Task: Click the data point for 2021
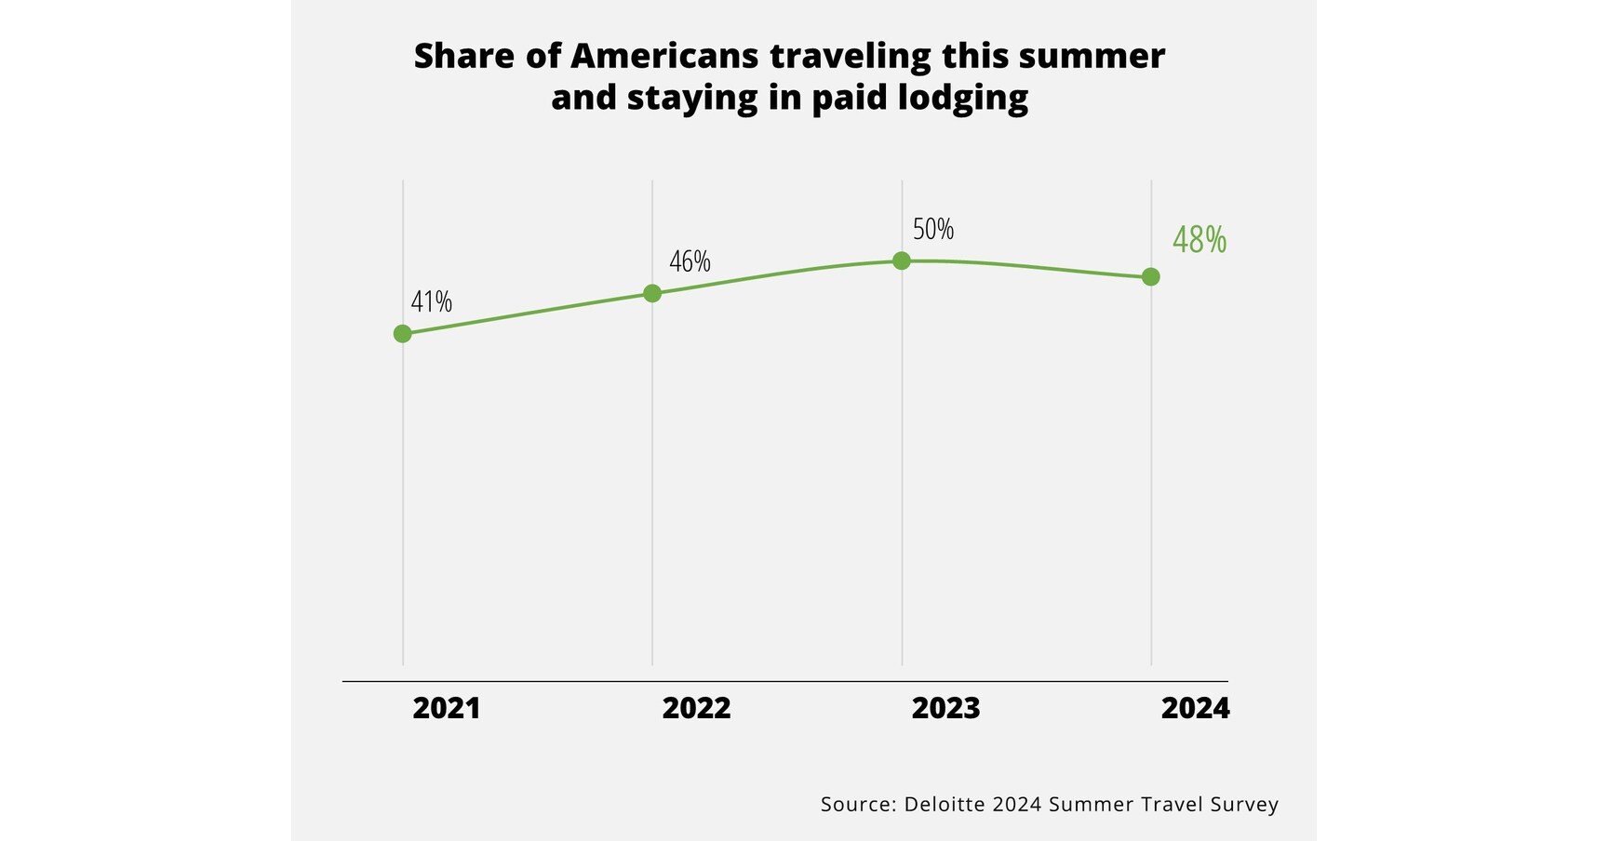coord(402,333)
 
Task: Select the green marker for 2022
coord(652,293)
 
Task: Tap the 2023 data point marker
coord(901,260)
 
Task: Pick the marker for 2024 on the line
coord(1150,276)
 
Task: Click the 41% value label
coord(431,301)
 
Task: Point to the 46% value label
coord(690,261)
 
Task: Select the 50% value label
coord(932,229)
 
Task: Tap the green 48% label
coord(1199,240)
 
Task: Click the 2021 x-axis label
coord(446,709)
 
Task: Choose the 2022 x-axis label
coord(696,709)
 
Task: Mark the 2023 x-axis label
coord(945,709)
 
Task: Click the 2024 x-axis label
coord(1195,709)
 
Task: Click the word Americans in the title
coord(664,56)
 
